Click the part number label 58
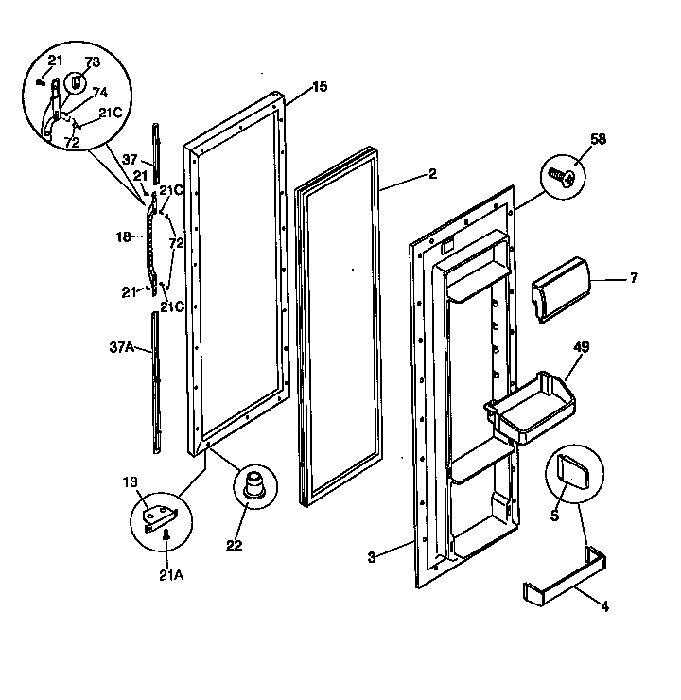[571, 140]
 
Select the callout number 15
[320, 87]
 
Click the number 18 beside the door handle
[123, 237]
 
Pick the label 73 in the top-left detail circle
[92, 62]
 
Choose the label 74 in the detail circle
[99, 93]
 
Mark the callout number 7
[633, 277]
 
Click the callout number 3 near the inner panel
[373, 557]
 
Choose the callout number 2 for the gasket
[431, 174]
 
